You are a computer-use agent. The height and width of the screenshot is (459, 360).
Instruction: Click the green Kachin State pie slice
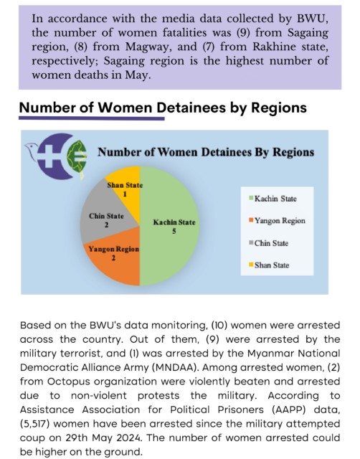pos(169,226)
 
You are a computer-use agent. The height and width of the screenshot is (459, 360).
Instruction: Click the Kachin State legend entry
pos(273,199)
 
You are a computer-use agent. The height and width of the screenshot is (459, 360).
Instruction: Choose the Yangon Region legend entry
pos(277,221)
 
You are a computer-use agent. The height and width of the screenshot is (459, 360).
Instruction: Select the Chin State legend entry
pos(268,243)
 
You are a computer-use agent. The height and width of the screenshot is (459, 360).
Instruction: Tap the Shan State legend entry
pos(269,265)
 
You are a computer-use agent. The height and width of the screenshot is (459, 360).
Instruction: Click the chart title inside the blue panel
pos(206,152)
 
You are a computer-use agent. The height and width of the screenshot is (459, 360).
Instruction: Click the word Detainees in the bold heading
pos(191,108)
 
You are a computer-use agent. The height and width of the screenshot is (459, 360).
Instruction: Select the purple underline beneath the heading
pos(92,118)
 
